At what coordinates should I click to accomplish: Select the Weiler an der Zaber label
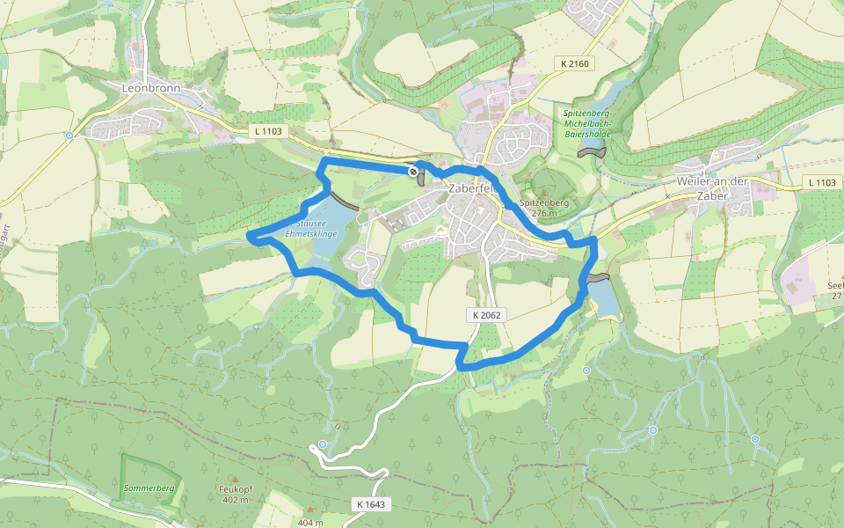(x=712, y=181)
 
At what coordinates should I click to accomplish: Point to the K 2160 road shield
(x=575, y=63)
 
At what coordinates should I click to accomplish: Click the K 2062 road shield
(x=484, y=314)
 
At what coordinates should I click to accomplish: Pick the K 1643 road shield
(x=371, y=504)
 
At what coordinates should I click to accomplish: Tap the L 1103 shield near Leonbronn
(x=269, y=131)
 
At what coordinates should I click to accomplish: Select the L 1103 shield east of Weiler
(x=822, y=182)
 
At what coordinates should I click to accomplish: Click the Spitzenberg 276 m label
(x=545, y=207)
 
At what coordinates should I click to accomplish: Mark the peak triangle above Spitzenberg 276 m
(x=544, y=194)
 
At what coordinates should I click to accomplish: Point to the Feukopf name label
(x=235, y=489)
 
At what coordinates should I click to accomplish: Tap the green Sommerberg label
(x=149, y=488)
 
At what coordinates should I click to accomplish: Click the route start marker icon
(x=412, y=171)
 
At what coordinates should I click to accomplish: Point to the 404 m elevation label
(x=311, y=523)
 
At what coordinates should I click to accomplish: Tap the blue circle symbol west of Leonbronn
(x=69, y=136)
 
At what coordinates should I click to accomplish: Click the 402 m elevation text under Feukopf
(x=235, y=500)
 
